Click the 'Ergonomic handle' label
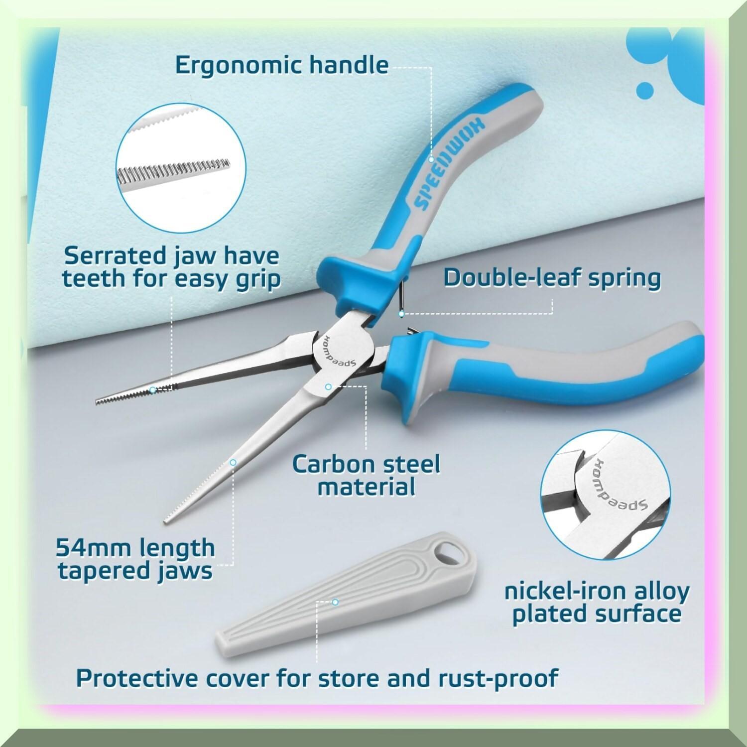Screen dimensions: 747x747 (x=281, y=65)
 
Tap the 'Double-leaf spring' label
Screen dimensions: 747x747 (x=552, y=277)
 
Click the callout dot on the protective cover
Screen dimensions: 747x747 (x=335, y=602)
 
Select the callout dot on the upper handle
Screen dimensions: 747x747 (x=431, y=160)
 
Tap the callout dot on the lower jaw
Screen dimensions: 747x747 (x=232, y=463)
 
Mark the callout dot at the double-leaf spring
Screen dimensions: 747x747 (x=401, y=314)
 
